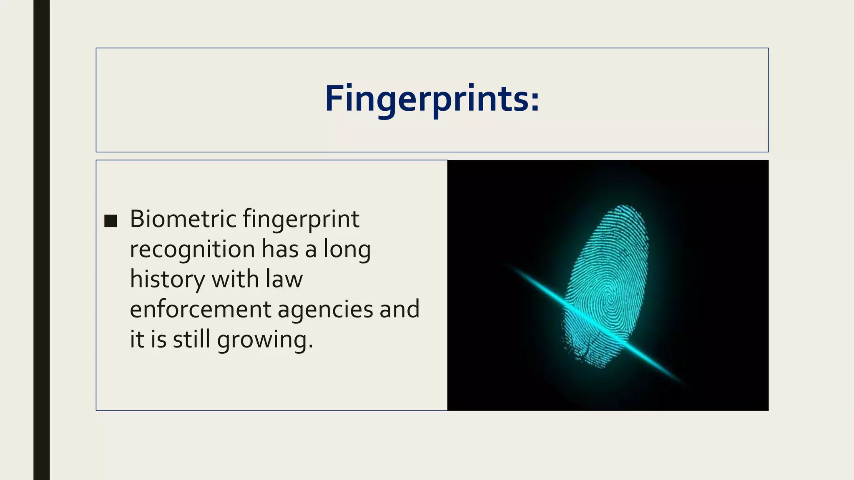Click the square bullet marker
111,221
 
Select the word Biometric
183,219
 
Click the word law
284,279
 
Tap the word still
191,339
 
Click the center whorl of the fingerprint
610,298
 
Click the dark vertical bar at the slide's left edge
41,240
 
